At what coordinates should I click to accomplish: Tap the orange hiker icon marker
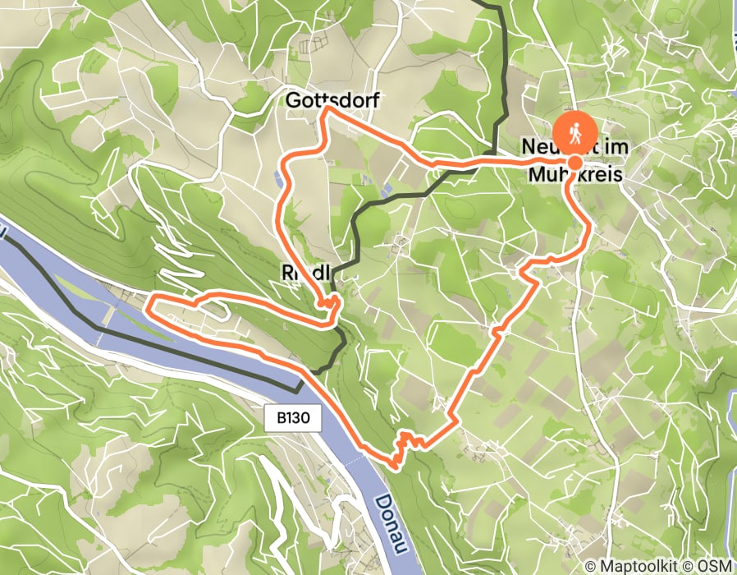click(x=574, y=131)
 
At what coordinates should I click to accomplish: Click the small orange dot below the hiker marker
click(x=574, y=163)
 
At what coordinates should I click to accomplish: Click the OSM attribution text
click(x=713, y=566)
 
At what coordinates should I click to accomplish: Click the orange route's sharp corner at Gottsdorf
click(x=327, y=108)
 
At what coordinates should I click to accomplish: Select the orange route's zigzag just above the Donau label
click(x=402, y=448)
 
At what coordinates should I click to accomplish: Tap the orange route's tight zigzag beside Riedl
click(x=332, y=303)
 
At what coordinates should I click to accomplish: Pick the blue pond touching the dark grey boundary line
click(x=386, y=190)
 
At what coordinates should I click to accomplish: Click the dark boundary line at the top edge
click(x=492, y=3)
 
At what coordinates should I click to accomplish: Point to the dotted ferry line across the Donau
click(x=353, y=464)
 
